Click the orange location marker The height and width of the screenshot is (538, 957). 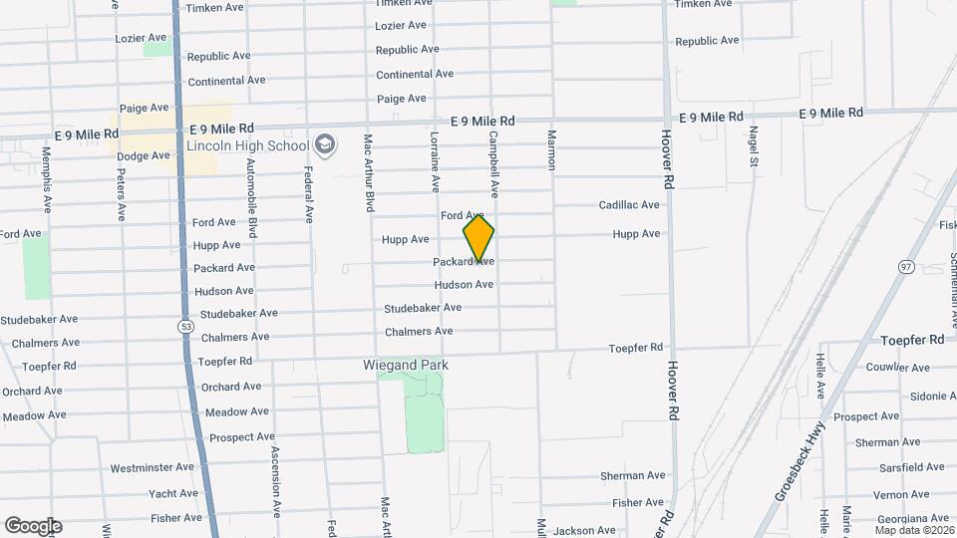tap(478, 237)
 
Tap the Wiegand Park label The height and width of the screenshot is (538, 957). tap(405, 366)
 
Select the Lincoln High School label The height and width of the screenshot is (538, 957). tap(248, 146)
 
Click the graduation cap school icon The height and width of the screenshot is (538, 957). tap(324, 145)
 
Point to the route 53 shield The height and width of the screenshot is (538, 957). tap(186, 326)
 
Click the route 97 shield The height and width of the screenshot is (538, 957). tap(906, 267)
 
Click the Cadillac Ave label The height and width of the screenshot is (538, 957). tap(629, 205)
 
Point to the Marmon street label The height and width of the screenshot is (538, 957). tap(550, 149)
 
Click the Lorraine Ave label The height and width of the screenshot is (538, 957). tap(435, 160)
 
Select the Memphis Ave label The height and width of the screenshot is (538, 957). tap(47, 180)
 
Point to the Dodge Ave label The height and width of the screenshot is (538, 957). tap(144, 156)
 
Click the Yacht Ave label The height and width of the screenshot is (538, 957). tap(173, 493)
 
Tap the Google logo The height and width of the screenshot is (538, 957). tap(33, 526)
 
